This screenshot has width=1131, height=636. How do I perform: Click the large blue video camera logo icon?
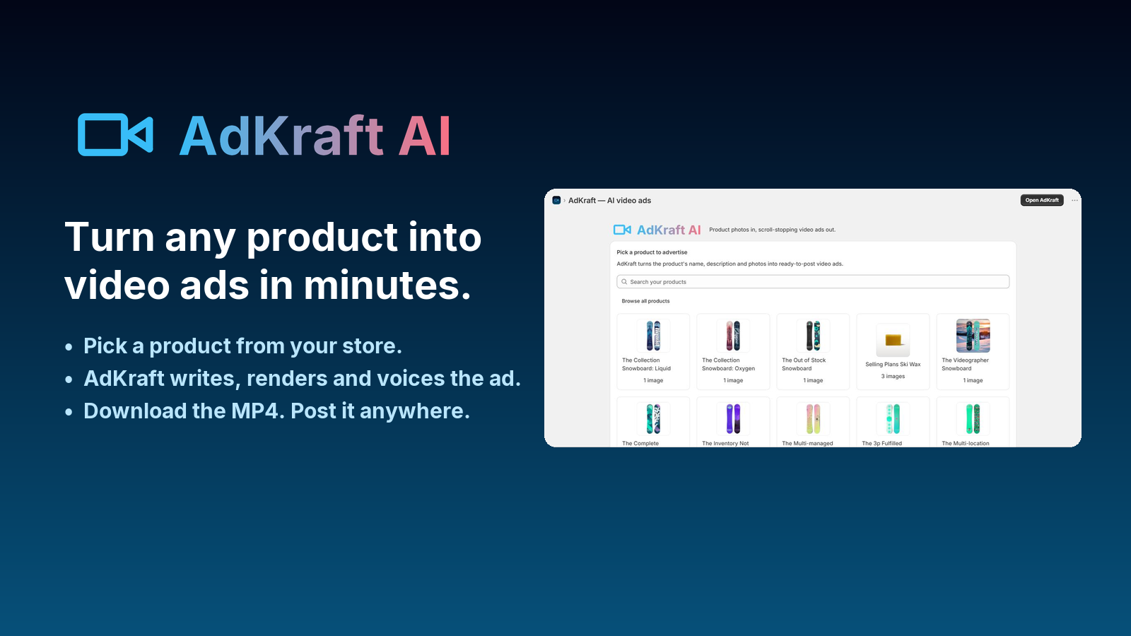(115, 134)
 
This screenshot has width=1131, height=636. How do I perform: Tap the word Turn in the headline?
(109, 237)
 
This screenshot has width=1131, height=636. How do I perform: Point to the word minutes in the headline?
(387, 285)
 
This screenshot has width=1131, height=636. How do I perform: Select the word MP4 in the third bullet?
(254, 411)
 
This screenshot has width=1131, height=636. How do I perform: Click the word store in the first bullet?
(372, 346)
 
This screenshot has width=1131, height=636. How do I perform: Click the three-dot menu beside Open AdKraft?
(1074, 201)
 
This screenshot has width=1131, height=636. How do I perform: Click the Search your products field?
(812, 282)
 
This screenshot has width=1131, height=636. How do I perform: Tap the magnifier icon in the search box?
(624, 282)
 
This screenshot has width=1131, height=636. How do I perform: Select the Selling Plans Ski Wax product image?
(893, 340)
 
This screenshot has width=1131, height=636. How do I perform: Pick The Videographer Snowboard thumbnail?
(973, 336)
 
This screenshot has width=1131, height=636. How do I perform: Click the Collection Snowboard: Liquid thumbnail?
(653, 336)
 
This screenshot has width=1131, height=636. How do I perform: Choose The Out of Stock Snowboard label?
(804, 365)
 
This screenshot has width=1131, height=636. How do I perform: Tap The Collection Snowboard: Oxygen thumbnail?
(732, 336)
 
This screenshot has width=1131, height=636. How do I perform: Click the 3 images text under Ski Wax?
(893, 377)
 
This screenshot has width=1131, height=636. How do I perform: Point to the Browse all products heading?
(645, 301)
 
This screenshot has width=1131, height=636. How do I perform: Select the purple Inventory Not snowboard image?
(732, 419)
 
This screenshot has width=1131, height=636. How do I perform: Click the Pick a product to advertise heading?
(652, 252)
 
